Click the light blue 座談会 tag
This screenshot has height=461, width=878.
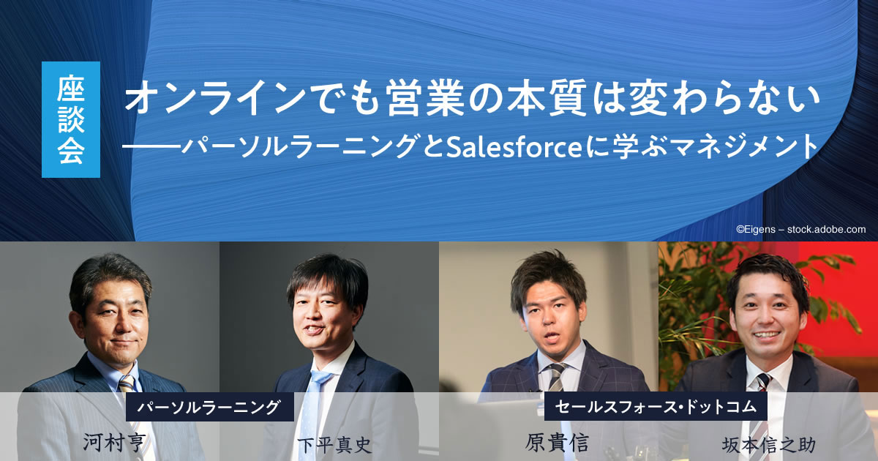coord(71,119)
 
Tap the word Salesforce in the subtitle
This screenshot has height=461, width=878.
coord(514,147)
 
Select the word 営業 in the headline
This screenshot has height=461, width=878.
coord(424,97)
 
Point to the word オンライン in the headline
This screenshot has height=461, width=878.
coord(214,97)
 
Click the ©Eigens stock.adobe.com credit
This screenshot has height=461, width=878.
coord(800,229)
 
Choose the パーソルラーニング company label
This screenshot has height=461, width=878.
coord(210,407)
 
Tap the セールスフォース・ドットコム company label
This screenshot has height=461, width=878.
coord(656,406)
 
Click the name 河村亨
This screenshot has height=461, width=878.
coord(114,442)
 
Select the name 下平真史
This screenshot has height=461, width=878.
coord(334,446)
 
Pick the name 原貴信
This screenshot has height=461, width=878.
coord(557,442)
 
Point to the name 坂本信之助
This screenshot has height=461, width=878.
coord(769,446)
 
